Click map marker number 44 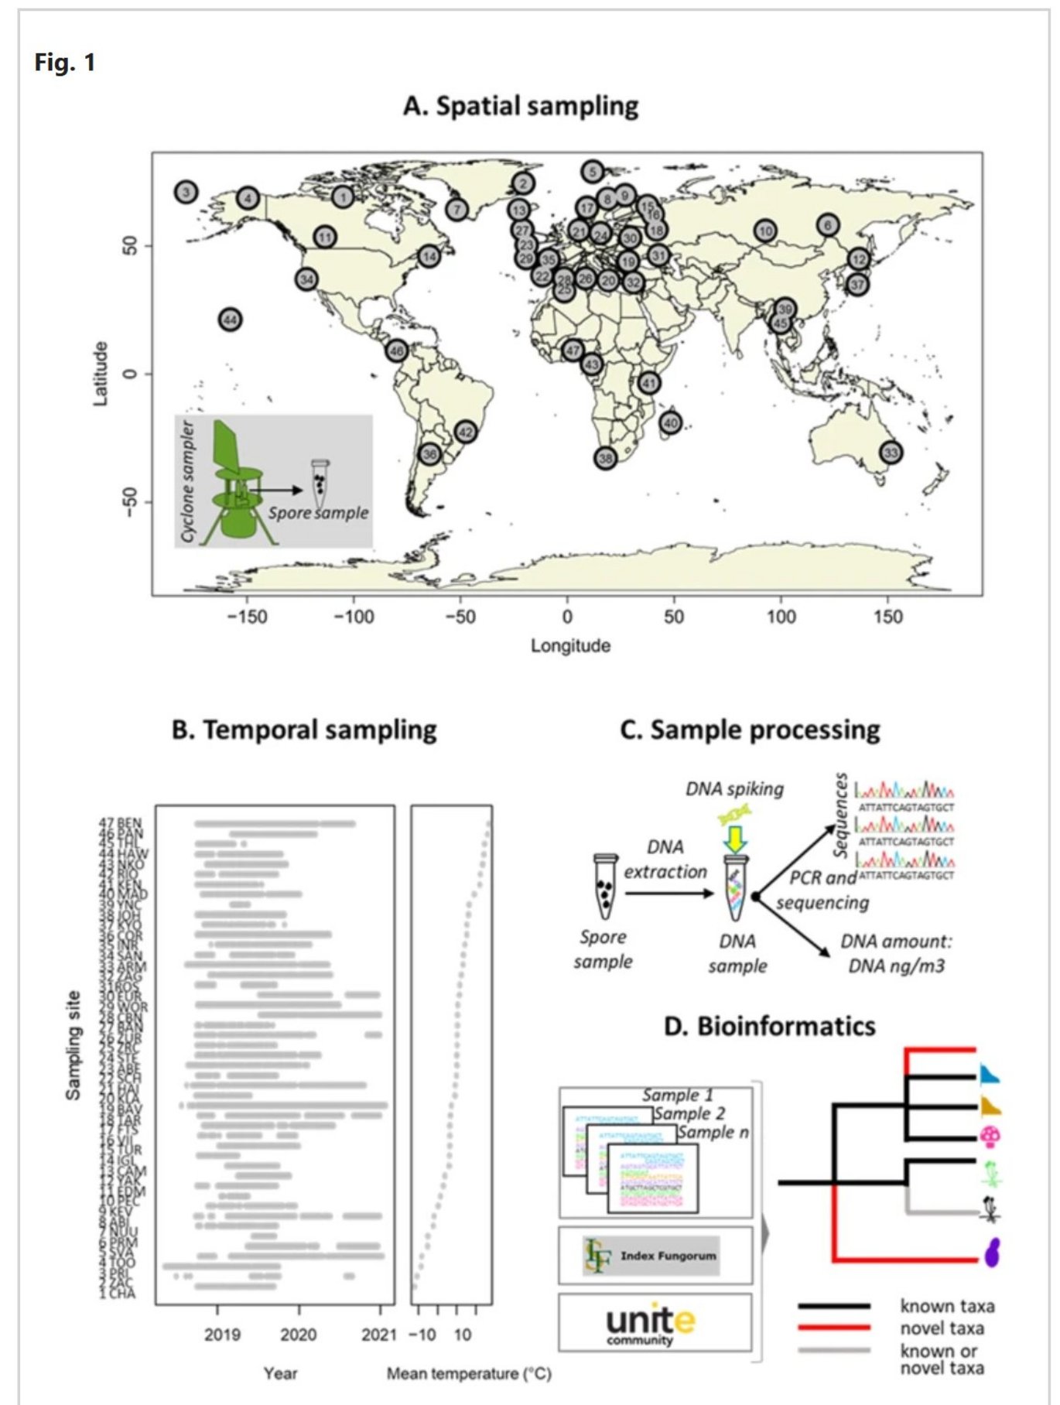(230, 319)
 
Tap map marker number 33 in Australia (891, 452)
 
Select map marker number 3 (186, 193)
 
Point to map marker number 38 (605, 458)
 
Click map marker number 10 (765, 231)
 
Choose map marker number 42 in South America (466, 432)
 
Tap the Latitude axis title (101, 374)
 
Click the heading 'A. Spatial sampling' (521, 106)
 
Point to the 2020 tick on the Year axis (299, 1335)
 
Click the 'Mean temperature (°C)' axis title (469, 1373)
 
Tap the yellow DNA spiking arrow (736, 839)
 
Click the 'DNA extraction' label (665, 859)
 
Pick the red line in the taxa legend (834, 1328)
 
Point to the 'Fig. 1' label (65, 62)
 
